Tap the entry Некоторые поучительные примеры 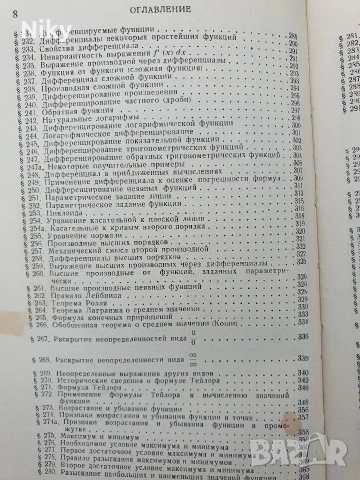[110, 186]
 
